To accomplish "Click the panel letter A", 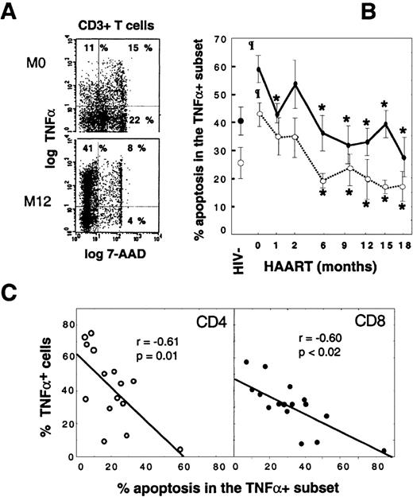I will click(12, 10).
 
